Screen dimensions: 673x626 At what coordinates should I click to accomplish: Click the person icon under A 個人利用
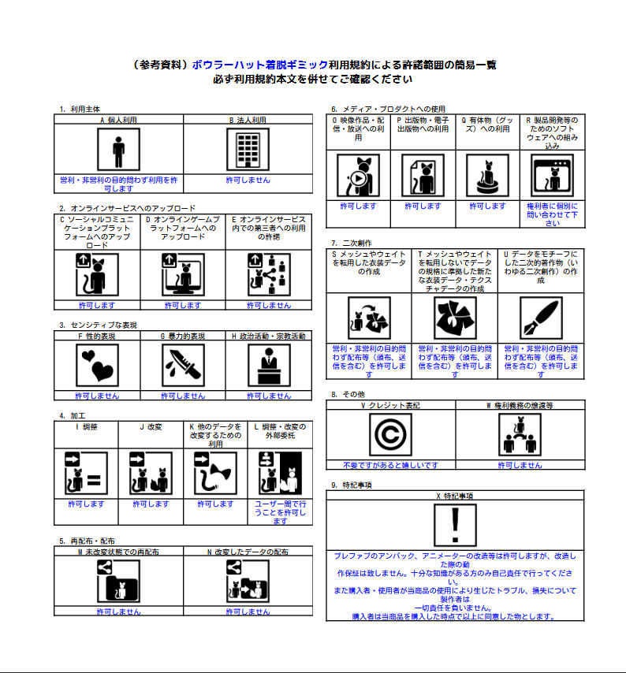coord(118,150)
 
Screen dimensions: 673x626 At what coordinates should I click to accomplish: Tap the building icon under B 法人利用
coord(248,150)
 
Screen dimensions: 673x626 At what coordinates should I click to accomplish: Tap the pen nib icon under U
coord(540,318)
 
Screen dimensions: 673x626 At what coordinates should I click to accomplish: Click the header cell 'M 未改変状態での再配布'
coord(118,552)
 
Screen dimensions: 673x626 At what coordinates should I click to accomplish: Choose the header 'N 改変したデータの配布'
coord(248,552)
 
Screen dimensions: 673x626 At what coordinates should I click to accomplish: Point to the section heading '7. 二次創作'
coord(351,243)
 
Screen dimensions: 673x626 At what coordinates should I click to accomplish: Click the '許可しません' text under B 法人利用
coord(248,180)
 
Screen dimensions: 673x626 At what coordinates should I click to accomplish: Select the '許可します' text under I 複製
coord(86,504)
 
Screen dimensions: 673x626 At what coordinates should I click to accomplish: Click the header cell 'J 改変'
coord(150,427)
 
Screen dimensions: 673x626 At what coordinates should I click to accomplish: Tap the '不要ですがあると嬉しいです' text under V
coord(390,465)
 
